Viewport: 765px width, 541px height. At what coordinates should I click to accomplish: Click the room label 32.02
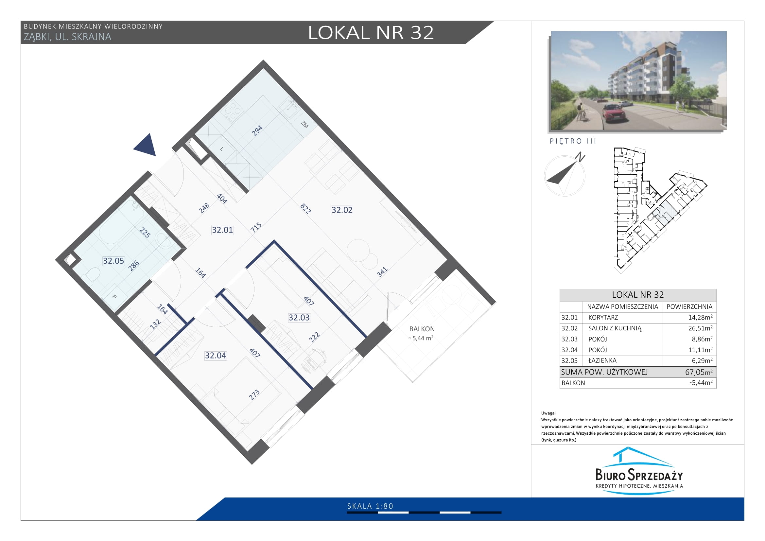tap(342, 210)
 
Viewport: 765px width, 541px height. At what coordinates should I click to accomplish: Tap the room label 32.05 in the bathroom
tap(113, 261)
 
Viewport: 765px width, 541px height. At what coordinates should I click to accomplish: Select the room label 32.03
tap(299, 318)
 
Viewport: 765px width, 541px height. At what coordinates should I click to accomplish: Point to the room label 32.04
tap(215, 356)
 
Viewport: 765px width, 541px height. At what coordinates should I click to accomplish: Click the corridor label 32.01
tap(222, 230)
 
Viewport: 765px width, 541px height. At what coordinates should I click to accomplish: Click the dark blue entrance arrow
tap(146, 145)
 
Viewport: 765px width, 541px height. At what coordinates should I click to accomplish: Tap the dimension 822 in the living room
tap(305, 209)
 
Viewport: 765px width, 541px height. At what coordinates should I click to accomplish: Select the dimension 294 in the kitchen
tap(257, 131)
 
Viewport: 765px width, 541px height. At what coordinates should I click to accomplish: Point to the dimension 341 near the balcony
tap(382, 272)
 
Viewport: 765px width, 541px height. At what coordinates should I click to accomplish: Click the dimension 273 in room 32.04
tap(254, 395)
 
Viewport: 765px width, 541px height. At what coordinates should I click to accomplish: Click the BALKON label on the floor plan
tap(422, 329)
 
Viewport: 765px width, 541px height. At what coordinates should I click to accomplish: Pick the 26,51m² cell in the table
tap(700, 328)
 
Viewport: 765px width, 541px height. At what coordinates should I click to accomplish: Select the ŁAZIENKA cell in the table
tap(602, 360)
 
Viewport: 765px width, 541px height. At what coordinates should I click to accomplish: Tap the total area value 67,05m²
tap(699, 372)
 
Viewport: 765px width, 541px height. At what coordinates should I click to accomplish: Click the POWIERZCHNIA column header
tap(689, 306)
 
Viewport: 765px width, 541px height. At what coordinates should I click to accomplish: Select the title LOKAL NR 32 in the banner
tap(371, 32)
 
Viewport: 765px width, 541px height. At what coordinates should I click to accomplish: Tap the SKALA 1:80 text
tap(370, 506)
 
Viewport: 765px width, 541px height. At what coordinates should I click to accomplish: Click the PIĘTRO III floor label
tap(573, 141)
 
